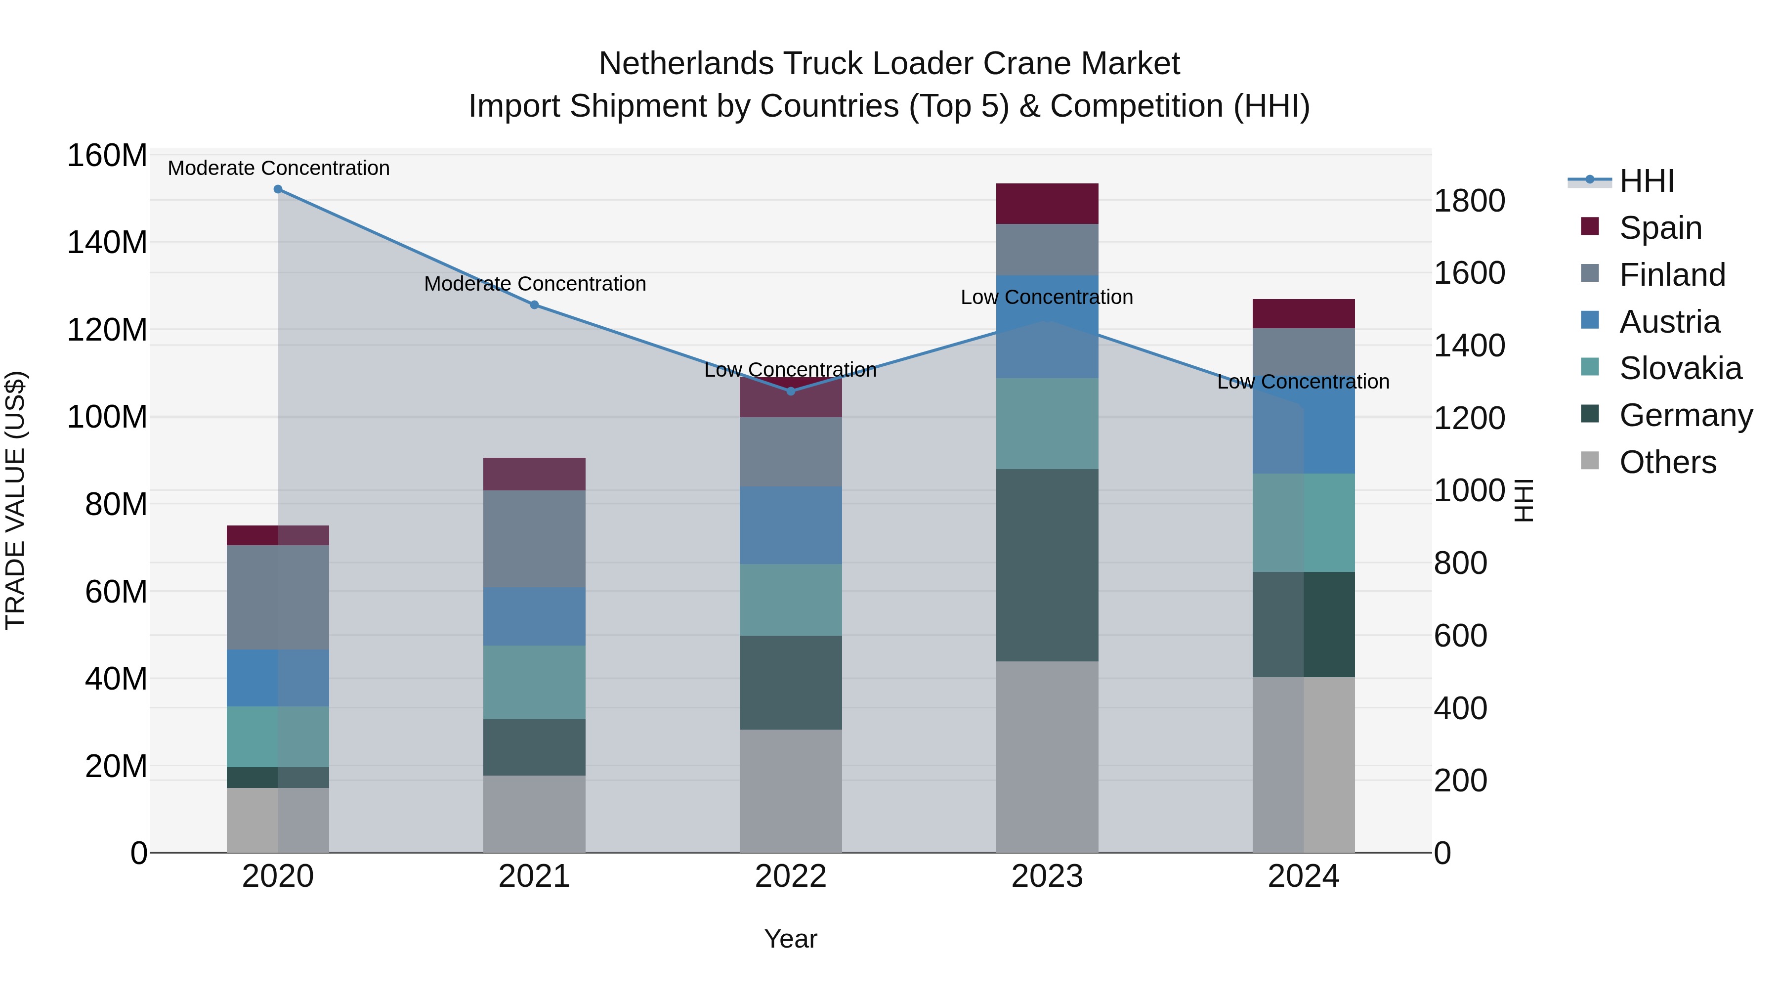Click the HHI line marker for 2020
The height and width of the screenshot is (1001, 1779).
point(278,189)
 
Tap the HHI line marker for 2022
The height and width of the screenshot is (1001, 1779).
point(791,391)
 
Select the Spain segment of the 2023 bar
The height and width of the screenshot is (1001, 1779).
point(1047,204)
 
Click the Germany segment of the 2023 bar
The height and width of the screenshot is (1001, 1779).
point(1047,565)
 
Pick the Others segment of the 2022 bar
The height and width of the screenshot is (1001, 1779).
point(791,791)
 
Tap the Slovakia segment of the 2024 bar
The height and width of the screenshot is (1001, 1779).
point(1304,523)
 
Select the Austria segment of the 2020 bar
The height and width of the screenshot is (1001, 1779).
point(278,678)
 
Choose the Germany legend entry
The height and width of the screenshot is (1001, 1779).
point(1685,415)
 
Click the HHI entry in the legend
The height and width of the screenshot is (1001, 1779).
point(1647,181)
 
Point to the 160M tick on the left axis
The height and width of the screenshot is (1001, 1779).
point(107,155)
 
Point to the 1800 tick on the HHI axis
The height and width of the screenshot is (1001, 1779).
point(1470,201)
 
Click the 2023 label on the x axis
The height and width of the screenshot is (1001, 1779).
point(1047,876)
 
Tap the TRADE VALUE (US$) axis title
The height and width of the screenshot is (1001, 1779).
point(15,500)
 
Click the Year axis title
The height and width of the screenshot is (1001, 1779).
point(791,939)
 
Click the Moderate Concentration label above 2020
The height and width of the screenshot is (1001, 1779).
point(278,168)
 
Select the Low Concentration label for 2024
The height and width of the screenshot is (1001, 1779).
point(1303,381)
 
